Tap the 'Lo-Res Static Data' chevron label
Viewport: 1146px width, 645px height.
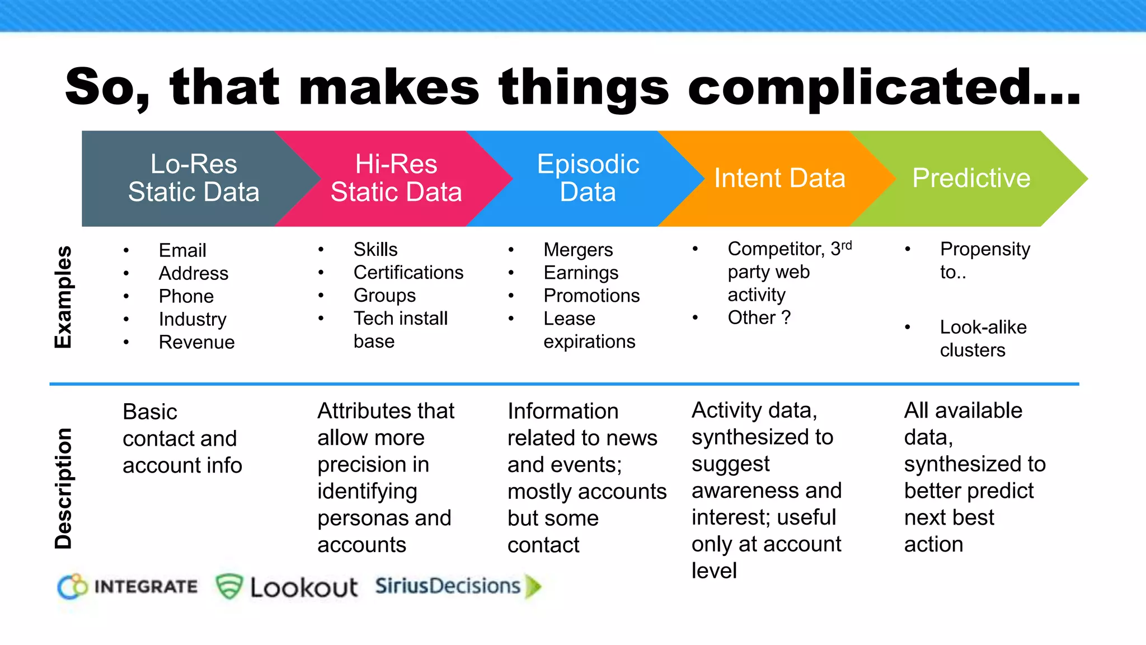point(194,178)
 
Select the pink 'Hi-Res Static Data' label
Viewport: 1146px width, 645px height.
point(396,178)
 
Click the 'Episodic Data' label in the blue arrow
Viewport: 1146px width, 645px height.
point(588,178)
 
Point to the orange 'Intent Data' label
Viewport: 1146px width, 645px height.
point(779,178)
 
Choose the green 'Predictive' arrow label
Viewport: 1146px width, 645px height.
point(971,178)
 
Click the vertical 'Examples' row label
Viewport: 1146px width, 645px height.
point(63,297)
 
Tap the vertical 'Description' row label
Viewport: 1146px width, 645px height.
point(63,488)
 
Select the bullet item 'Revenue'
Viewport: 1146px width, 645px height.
point(196,342)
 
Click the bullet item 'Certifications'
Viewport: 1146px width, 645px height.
point(408,273)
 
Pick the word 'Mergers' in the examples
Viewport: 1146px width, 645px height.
point(578,250)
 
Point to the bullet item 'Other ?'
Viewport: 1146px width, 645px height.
point(759,318)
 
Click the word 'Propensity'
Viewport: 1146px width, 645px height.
point(985,249)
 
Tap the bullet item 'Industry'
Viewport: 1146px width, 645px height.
point(192,319)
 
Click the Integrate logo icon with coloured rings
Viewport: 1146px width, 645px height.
point(73,587)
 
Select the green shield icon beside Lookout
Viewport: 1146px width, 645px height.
point(229,587)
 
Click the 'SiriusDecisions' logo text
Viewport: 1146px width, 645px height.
point(448,586)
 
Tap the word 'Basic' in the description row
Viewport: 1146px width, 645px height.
point(150,412)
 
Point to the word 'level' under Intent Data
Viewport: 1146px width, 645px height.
point(714,571)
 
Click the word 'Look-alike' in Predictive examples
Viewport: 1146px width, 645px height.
point(983,328)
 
